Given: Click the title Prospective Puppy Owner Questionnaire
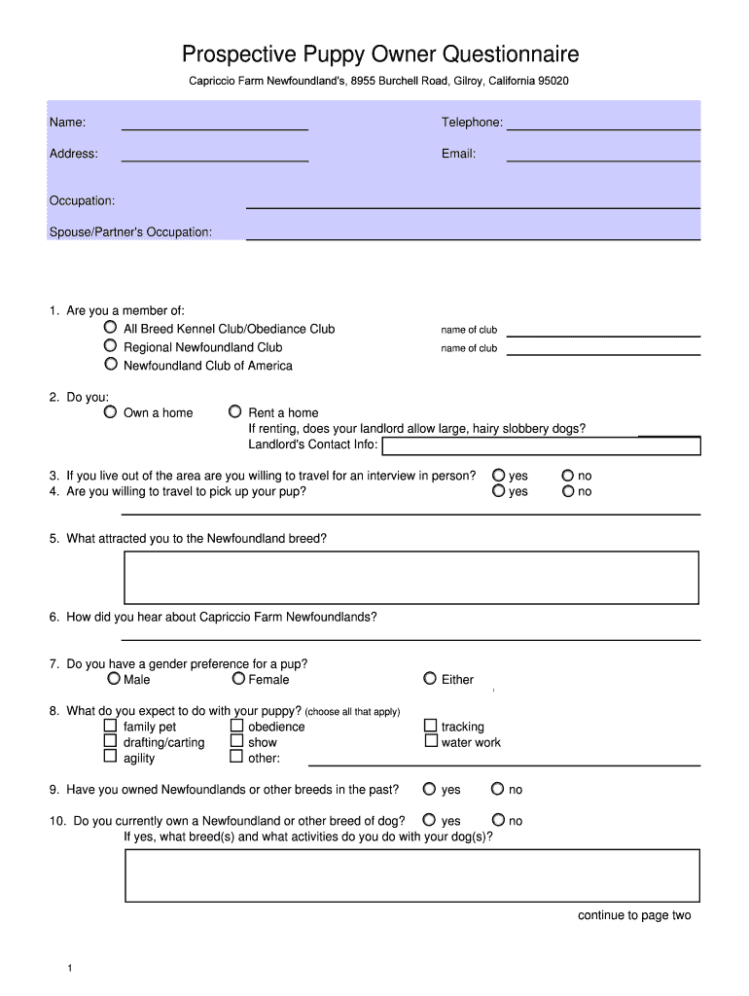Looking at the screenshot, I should (380, 53).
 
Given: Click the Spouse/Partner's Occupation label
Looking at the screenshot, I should (130, 232).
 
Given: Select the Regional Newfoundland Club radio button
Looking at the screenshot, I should (111, 347).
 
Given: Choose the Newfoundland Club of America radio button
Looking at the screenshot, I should (111, 365).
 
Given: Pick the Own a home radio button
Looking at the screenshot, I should (111, 412).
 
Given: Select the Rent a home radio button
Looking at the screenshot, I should (234, 412).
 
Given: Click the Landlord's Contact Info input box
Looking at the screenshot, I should (541, 446).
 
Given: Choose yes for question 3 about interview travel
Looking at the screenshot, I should (499, 476).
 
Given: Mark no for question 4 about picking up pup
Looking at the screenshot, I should (568, 491).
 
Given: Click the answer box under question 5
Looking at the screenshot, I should (410, 578).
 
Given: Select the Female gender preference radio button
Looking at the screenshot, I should (238, 679).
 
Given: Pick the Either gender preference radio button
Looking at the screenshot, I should (430, 679).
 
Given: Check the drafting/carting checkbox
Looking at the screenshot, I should (111, 742).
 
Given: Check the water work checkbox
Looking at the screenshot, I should (430, 741).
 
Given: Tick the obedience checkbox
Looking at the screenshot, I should (236, 726).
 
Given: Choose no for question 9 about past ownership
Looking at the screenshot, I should (497, 790).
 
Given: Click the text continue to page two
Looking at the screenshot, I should (634, 915).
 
